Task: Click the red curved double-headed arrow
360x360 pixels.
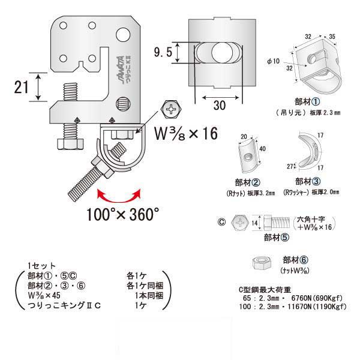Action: click(x=119, y=195)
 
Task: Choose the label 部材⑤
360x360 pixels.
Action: click(x=275, y=236)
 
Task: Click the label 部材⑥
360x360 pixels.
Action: click(x=296, y=260)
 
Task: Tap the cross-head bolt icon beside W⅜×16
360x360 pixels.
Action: click(x=171, y=110)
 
